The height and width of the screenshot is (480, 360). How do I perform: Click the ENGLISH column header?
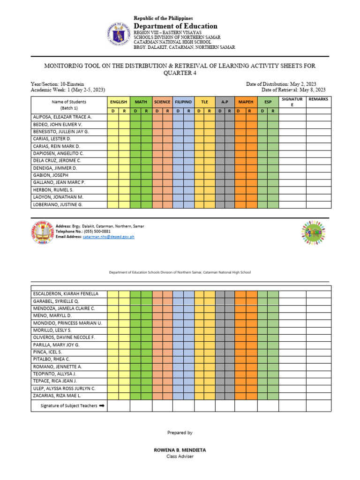[119, 102]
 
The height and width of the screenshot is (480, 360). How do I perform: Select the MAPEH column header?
[246, 102]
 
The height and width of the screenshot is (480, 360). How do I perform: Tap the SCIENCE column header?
[162, 102]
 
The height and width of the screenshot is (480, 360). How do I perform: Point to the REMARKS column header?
[319, 99]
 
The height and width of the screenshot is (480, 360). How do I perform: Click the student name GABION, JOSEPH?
[51, 175]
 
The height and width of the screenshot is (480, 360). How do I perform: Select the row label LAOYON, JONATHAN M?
[58, 197]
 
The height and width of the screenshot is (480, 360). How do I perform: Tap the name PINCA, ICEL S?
[48, 352]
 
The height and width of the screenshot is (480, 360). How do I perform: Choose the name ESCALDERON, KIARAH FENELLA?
[66, 293]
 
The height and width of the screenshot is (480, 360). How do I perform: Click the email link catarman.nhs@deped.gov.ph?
[109, 237]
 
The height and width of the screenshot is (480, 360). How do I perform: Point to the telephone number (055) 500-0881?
[97, 232]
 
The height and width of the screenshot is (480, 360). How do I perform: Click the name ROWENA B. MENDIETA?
[180, 450]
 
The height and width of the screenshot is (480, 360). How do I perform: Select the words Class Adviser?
[180, 457]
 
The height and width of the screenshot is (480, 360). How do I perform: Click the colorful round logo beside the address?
[313, 232]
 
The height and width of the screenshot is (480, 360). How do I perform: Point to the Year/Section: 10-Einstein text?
[58, 84]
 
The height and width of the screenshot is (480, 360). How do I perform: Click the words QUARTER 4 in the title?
[180, 73]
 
